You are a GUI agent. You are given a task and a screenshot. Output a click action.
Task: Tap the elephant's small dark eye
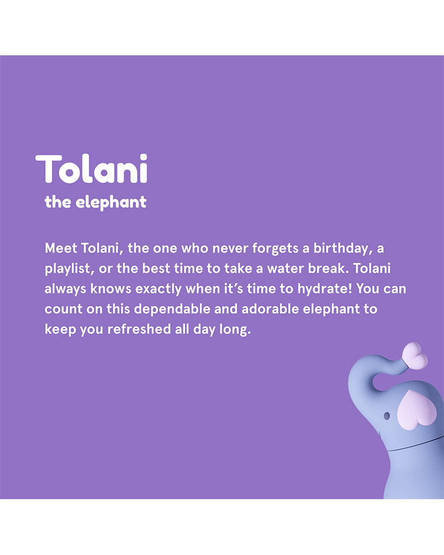(x=387, y=416)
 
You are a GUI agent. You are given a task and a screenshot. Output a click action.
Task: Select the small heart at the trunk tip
(x=415, y=356)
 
